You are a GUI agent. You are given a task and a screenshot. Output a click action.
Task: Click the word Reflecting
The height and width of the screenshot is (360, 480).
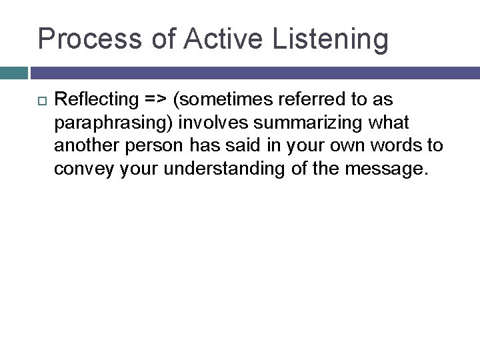coord(95,101)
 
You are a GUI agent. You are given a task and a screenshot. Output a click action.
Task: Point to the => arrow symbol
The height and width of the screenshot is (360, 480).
coord(155,101)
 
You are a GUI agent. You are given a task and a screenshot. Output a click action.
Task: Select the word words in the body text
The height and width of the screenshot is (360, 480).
coord(400,147)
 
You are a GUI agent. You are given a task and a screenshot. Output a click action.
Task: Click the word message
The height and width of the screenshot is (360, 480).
coord(387,169)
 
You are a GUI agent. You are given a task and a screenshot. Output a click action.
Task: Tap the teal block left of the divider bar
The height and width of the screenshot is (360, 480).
coord(13,71)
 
